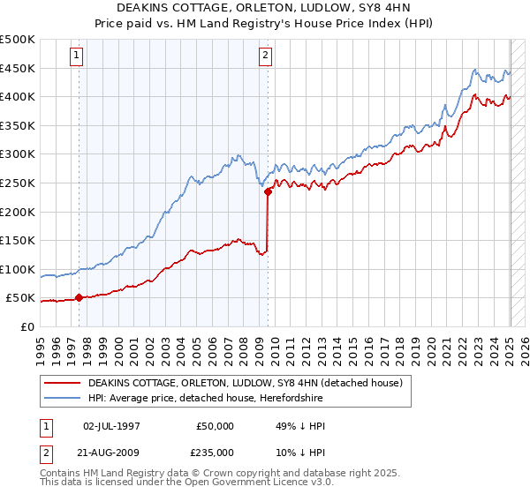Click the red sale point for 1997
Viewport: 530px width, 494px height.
[x=79, y=297]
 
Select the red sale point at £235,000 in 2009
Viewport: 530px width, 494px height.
[x=267, y=191]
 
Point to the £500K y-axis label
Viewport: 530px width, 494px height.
[x=18, y=40]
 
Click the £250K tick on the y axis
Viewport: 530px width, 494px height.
[x=18, y=183]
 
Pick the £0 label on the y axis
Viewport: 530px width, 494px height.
[x=27, y=326]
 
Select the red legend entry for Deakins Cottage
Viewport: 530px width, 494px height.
[x=245, y=383]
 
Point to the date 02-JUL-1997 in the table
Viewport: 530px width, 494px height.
[x=111, y=426]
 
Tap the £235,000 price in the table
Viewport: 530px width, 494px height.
[x=215, y=452]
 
